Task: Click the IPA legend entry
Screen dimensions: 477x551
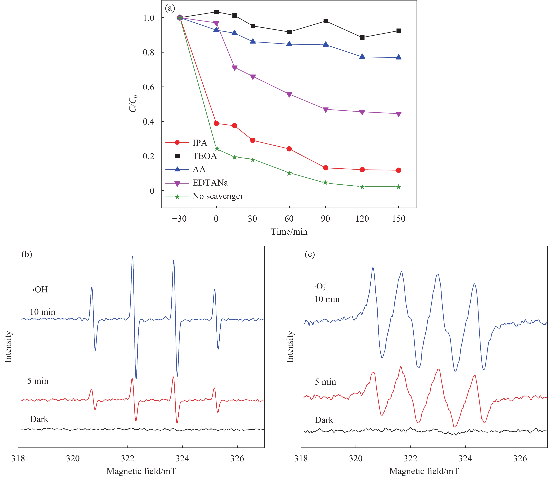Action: (200, 143)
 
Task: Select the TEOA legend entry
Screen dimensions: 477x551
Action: (204, 156)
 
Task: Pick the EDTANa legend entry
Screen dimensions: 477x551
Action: (210, 183)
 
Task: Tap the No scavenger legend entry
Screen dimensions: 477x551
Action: (218, 196)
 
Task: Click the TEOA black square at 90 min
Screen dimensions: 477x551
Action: (326, 21)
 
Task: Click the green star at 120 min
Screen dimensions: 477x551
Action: (362, 187)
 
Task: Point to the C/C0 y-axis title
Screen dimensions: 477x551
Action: (133, 104)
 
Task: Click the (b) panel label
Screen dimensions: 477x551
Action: (27, 254)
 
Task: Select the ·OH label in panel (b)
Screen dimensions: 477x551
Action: (40, 290)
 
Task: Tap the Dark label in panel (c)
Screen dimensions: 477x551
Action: (324, 420)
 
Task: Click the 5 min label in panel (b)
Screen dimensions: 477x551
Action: (38, 381)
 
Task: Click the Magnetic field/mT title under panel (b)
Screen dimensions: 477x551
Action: (141, 471)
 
